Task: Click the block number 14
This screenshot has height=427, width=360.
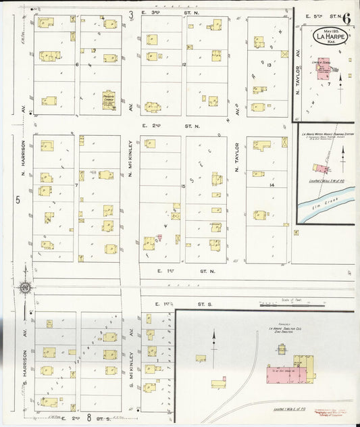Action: tap(272, 184)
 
